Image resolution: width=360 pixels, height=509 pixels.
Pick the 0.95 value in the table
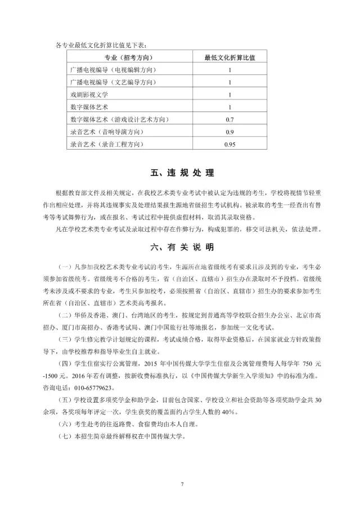pos(230,145)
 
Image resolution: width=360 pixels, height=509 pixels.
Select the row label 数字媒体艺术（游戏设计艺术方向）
pos(119,120)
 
